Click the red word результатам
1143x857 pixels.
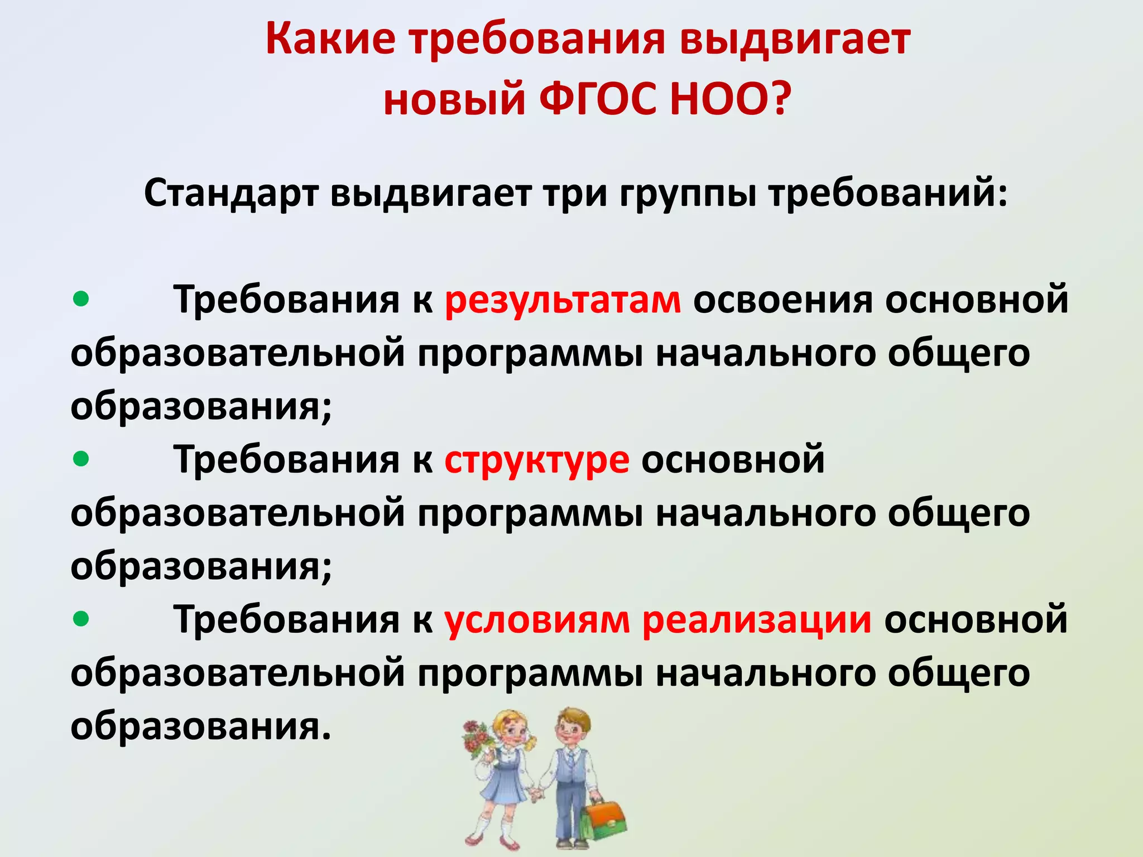point(563,300)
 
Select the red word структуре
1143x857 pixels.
point(537,461)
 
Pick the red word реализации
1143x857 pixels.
point(756,620)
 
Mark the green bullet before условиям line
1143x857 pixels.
point(81,619)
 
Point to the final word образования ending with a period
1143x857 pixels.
point(201,726)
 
